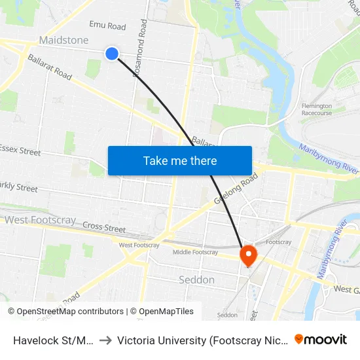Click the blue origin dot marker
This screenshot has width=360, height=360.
(112, 54)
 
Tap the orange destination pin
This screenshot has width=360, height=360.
(249, 255)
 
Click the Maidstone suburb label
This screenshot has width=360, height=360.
(63, 41)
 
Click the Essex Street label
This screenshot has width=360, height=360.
(21, 151)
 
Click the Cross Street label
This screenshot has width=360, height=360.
(104, 228)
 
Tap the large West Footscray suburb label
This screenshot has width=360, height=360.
(40, 221)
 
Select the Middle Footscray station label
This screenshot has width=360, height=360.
(195, 252)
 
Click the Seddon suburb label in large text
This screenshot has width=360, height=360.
(196, 279)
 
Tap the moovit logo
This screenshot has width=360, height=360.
(320, 339)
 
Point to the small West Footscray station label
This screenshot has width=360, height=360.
(139, 245)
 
